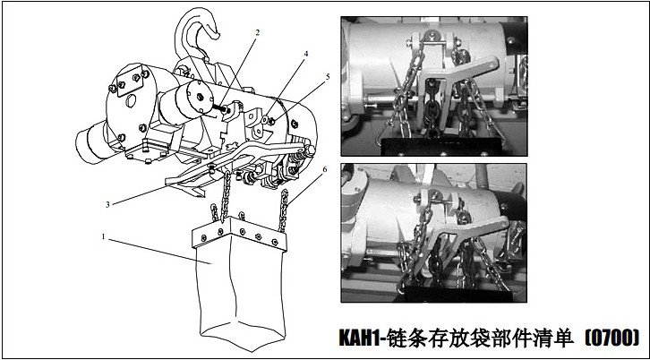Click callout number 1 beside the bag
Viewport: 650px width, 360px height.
(104, 236)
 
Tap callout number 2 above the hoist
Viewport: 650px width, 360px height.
(257, 32)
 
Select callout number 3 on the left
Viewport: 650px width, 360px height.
(107, 204)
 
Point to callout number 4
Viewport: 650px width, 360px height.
(306, 54)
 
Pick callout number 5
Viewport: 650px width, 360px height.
(328, 77)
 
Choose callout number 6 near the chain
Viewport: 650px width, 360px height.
(324, 169)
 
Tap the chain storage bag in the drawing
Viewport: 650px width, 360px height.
(241, 282)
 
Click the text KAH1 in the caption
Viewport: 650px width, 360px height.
(359, 338)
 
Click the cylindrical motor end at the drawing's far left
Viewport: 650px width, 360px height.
(90, 142)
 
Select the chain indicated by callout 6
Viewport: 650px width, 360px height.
(284, 210)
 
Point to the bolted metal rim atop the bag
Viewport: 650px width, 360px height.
(239, 235)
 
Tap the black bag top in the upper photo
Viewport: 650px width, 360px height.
(442, 146)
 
